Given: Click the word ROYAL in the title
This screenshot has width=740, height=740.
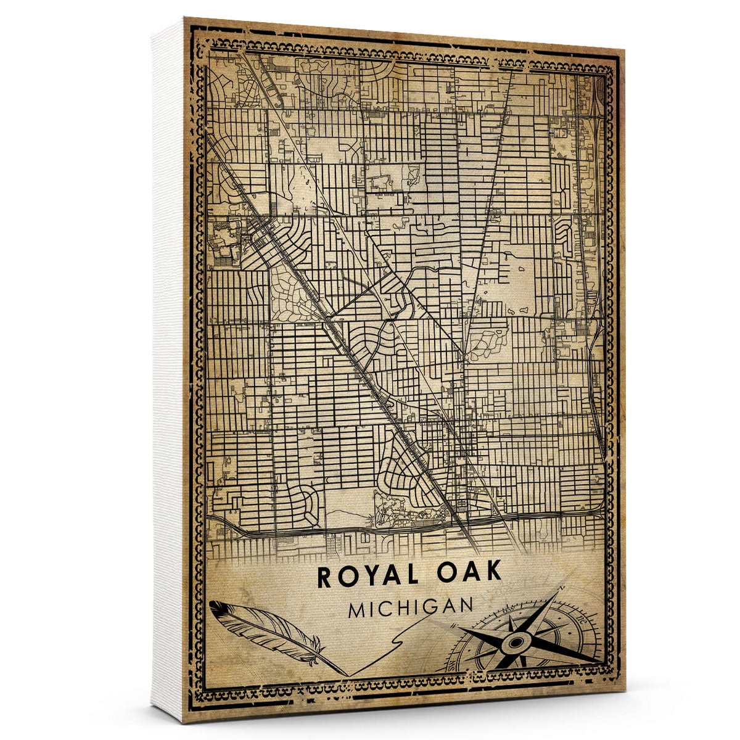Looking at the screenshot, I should (x=364, y=575).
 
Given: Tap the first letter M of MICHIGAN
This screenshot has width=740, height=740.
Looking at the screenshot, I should (x=357, y=610).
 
